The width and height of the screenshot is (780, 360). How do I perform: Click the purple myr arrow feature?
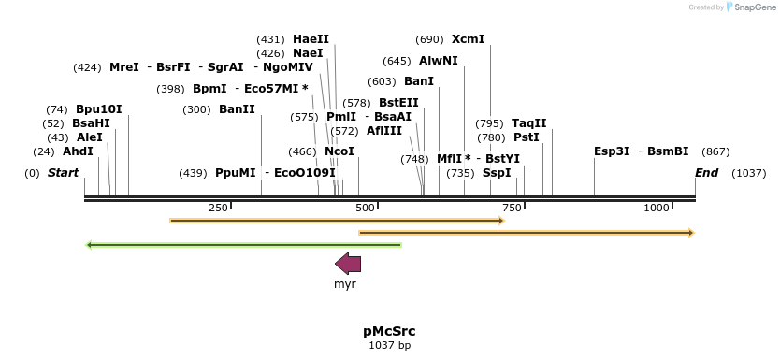[x=348, y=263]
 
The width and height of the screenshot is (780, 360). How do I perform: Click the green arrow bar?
[x=243, y=245]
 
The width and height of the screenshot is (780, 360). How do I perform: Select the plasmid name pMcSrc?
[x=389, y=331]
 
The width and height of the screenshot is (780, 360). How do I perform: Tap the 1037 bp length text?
[x=389, y=346]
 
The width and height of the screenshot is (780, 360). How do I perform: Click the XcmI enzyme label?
[x=468, y=39]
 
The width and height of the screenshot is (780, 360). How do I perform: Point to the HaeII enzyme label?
[x=311, y=39]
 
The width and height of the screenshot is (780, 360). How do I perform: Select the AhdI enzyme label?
[x=78, y=151]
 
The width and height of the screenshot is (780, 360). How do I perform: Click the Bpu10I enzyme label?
[x=98, y=109]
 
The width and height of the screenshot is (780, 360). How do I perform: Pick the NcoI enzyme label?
[x=339, y=151]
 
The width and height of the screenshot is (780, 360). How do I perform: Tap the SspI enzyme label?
[x=497, y=173]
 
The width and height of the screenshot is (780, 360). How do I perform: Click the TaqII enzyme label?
[x=528, y=123]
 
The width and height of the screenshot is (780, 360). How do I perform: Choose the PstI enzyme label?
[x=526, y=137]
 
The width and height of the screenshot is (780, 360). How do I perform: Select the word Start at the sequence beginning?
[x=63, y=173]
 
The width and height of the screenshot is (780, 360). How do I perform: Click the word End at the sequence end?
[x=706, y=173]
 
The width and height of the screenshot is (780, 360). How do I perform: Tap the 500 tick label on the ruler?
[x=366, y=208]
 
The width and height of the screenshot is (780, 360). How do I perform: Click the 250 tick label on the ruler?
[x=218, y=208]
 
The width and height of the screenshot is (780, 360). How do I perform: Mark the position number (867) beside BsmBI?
[x=715, y=151]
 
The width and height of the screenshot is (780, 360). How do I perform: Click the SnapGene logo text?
[x=757, y=7]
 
